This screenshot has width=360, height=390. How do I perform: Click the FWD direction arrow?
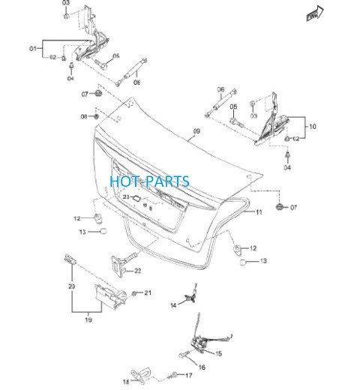coord(315,13)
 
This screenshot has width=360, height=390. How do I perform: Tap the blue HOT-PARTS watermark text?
coord(149,181)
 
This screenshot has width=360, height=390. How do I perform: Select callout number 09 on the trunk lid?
coord(196,131)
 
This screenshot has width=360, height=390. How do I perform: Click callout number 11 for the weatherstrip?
coord(259,212)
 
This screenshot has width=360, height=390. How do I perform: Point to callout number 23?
coord(126,197)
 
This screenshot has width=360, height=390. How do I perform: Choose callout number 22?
coord(138,271)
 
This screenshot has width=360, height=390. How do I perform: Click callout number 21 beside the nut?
coord(148,292)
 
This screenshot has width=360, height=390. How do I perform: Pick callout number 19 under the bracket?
coord(88,319)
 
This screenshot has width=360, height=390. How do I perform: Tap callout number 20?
coord(72,286)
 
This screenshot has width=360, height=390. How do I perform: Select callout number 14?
coord(173,305)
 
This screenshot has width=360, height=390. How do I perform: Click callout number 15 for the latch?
coord(218,353)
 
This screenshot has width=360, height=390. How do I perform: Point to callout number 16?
coord(202,367)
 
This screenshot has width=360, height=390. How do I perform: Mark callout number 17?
coord(189,375)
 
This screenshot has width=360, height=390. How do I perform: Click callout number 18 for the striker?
coord(126,382)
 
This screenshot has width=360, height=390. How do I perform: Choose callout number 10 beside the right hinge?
coord(313,127)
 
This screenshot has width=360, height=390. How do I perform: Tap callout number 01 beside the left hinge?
coord(33,49)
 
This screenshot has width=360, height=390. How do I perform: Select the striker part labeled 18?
coord(141,376)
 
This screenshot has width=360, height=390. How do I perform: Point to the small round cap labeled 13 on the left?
coord(103,231)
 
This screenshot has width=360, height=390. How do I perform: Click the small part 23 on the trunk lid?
coord(136,199)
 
